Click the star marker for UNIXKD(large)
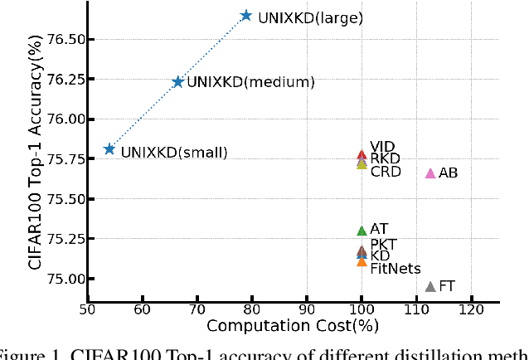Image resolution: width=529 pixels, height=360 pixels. [x=246, y=16]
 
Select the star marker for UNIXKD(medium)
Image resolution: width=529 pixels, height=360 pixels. [x=177, y=81]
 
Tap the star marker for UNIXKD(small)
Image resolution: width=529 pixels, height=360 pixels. [x=109, y=149]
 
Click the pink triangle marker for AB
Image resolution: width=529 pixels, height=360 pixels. [x=430, y=173]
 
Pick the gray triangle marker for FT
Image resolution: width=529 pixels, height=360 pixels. [x=430, y=287]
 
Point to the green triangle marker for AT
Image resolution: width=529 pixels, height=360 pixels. [x=362, y=231]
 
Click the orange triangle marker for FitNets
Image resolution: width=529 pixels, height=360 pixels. [x=362, y=261]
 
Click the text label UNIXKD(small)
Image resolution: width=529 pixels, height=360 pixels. [x=174, y=152]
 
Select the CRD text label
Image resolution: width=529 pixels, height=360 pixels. [x=386, y=172]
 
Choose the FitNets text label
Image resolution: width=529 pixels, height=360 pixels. [x=396, y=269]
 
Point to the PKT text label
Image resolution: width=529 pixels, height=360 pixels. [x=384, y=244]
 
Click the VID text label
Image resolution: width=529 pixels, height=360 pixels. [x=382, y=146]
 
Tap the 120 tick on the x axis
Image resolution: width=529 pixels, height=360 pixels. [x=471, y=309]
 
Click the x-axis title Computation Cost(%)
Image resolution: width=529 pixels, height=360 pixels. [x=283, y=327]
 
